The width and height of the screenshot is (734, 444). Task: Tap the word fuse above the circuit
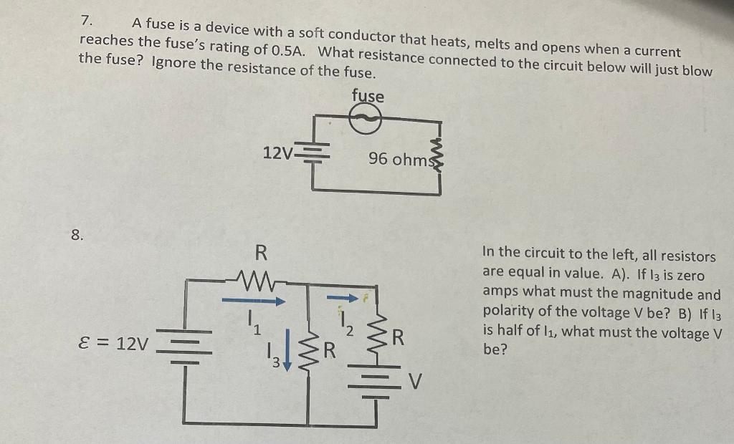point(368,96)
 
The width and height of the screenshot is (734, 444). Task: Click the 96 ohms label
point(399,159)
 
